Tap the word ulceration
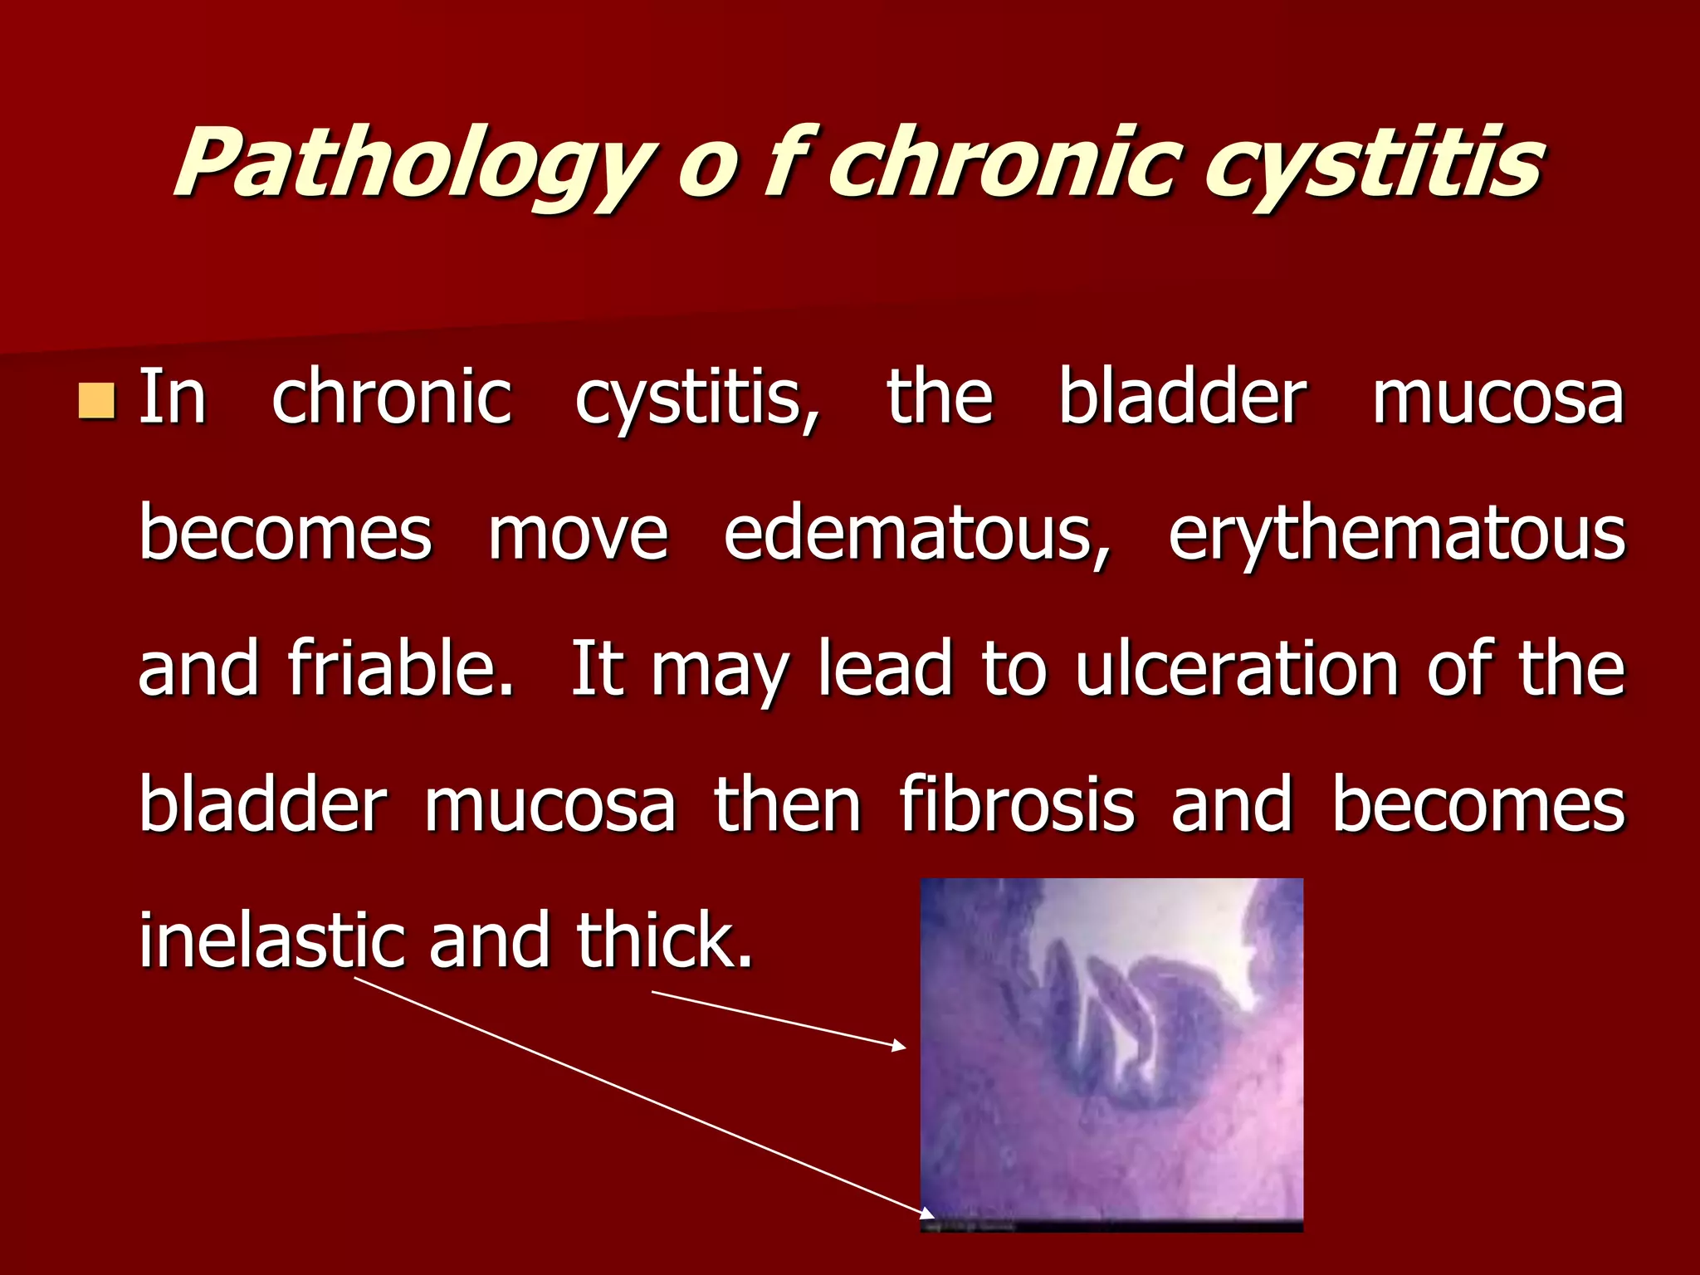(x=1237, y=669)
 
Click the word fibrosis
(x=1017, y=804)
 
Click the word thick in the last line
(x=664, y=940)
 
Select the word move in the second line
(x=578, y=534)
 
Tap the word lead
(x=885, y=669)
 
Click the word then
(x=787, y=804)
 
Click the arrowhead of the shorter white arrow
(x=900, y=1047)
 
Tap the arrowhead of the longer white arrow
(x=929, y=1214)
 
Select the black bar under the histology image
(x=1112, y=1225)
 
